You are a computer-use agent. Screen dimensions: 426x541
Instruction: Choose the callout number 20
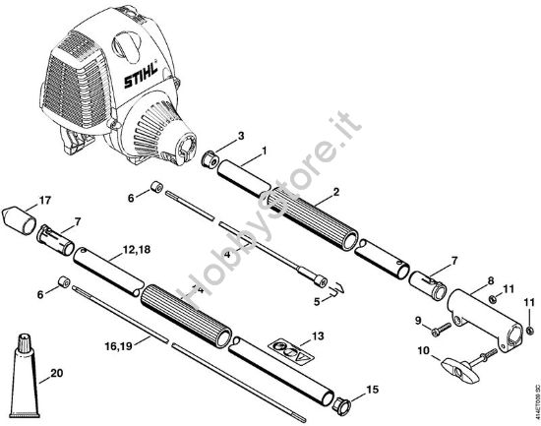click(55, 372)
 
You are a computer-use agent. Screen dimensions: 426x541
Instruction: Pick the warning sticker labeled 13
click(286, 350)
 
